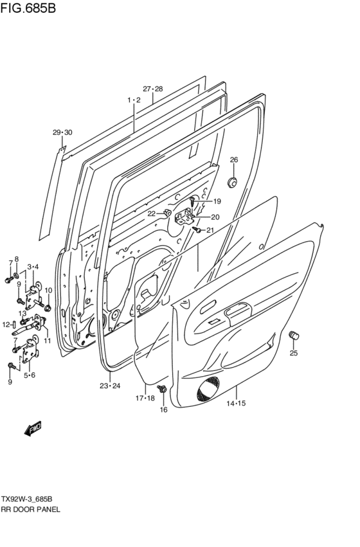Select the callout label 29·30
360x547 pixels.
[x=62, y=132]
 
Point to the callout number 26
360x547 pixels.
[x=234, y=159]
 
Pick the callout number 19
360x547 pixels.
[x=217, y=201]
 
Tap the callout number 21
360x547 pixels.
[x=210, y=230]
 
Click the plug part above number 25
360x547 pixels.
[x=295, y=335]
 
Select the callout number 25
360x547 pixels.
[x=293, y=353]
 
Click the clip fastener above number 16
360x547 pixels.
[x=161, y=389]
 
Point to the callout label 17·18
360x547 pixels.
[x=145, y=399]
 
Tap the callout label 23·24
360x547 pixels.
[x=110, y=386]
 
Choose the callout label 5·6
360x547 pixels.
[x=29, y=375]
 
